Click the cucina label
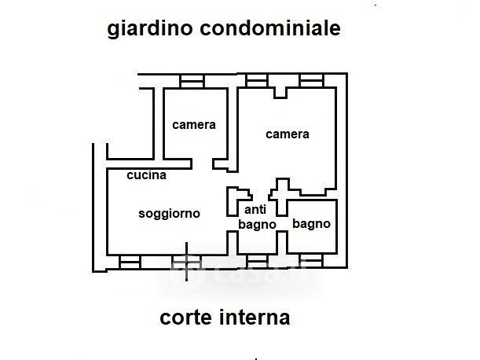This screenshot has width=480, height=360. [147, 175]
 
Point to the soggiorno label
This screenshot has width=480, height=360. [169, 213]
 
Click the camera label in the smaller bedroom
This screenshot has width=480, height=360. [194, 124]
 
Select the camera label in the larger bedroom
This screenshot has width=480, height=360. [287, 134]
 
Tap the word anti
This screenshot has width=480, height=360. [255, 210]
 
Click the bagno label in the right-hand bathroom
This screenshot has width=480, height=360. [311, 223]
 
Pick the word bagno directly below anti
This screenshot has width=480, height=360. [257, 224]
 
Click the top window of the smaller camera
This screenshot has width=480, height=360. [192, 80]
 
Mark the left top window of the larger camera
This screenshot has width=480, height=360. [257, 80]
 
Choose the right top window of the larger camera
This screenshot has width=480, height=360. [311, 80]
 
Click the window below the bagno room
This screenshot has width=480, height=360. [311, 259]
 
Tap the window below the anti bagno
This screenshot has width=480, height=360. [257, 259]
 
